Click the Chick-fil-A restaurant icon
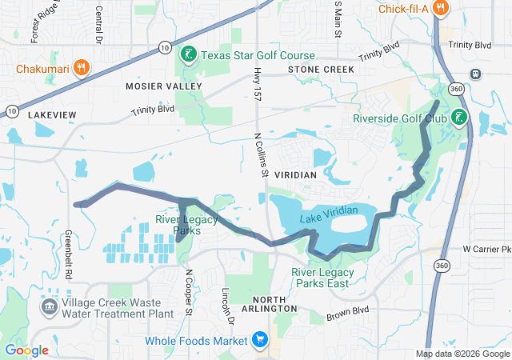pos(439,9)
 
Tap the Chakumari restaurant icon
pos(80,68)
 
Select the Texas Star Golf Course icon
pos(188,55)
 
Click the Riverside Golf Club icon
pos(458,118)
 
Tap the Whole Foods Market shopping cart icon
pos(259,341)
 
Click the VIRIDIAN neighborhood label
pos(295,174)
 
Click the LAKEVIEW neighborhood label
pos(52,115)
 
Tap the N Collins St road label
pos(258,155)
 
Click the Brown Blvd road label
pos(348,312)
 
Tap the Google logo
pos(27,350)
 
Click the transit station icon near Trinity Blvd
pos(476,74)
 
